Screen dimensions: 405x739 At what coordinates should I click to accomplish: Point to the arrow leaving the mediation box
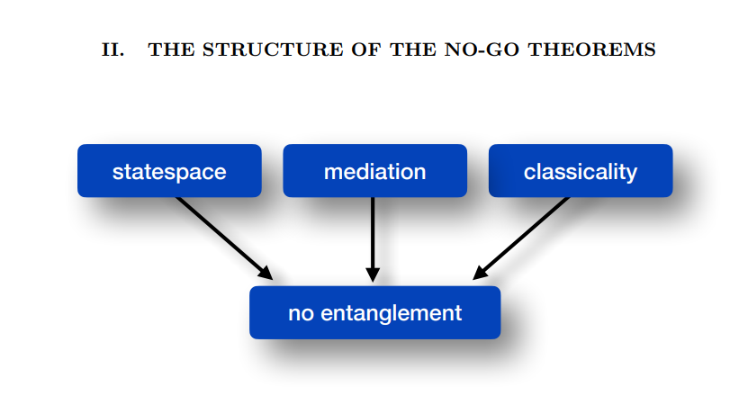tap(373, 234)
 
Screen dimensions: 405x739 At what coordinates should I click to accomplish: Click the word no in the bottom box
tap(300, 313)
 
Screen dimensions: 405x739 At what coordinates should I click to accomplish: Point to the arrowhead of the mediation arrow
tap(373, 274)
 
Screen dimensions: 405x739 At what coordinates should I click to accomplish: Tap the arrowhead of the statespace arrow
tap(265, 272)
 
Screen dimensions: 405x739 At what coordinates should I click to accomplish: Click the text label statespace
tap(169, 171)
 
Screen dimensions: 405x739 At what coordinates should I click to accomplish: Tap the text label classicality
tap(581, 171)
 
